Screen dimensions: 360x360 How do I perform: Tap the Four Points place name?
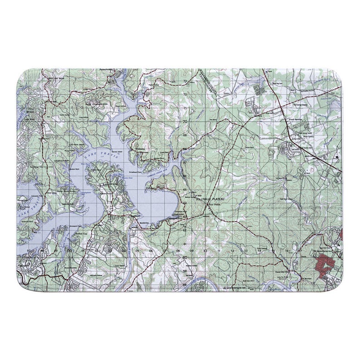click(x=213, y=204)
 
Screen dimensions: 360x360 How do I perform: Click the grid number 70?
click(x=185, y=122)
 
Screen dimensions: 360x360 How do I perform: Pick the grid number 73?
click(x=185, y=81)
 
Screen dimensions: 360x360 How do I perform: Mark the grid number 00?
click(x=70, y=250)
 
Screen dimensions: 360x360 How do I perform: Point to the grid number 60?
click(x=185, y=257)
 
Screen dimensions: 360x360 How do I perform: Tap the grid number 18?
click(x=313, y=250)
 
